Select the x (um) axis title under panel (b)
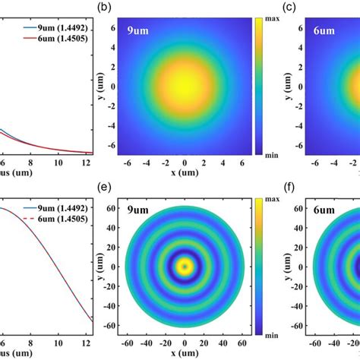[x=185, y=174]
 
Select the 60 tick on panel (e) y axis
[x=112, y=206]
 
